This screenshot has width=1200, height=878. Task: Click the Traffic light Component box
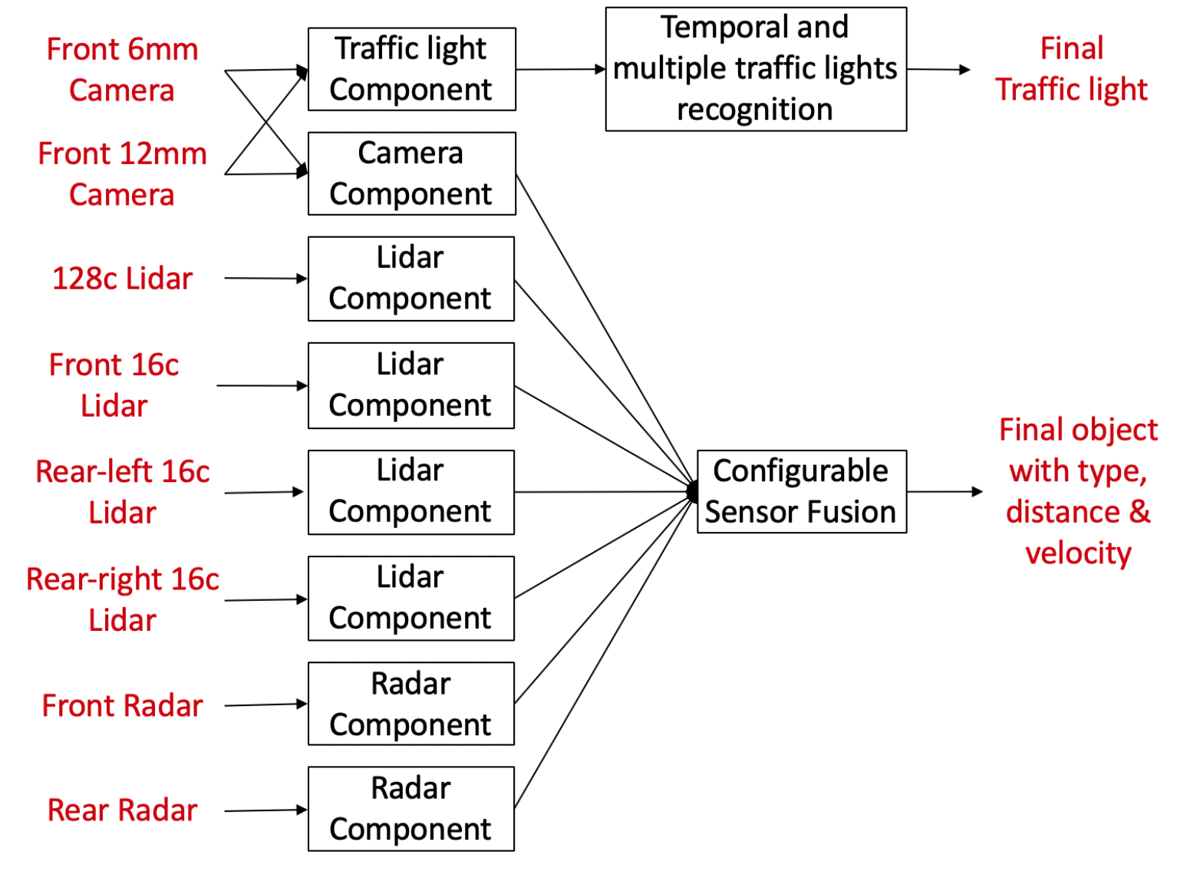411,69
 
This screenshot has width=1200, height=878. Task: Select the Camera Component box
411,173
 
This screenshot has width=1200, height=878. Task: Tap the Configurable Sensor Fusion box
801,491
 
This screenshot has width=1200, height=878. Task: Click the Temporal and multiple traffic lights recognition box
756,69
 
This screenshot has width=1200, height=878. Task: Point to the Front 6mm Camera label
122,70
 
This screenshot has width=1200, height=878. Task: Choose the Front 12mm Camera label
122,174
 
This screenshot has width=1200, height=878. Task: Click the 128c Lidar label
122,279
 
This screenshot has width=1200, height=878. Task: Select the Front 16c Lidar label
114,385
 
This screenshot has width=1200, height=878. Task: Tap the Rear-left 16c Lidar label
122,492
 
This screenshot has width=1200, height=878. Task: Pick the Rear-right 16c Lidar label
122,599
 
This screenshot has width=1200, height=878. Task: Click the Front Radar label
122,705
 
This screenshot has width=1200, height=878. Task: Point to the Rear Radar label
122,810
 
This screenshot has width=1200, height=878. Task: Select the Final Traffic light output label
1071,69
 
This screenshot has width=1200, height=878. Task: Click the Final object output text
1078,491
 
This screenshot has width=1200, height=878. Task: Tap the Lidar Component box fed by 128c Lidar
411,279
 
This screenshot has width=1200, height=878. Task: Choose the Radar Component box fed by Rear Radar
411,809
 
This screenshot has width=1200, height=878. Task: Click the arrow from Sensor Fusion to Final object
944,491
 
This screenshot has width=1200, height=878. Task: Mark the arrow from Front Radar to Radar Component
265,705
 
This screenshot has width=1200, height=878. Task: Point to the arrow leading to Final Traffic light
938,69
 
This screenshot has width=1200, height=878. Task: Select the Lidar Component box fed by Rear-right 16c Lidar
411,598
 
